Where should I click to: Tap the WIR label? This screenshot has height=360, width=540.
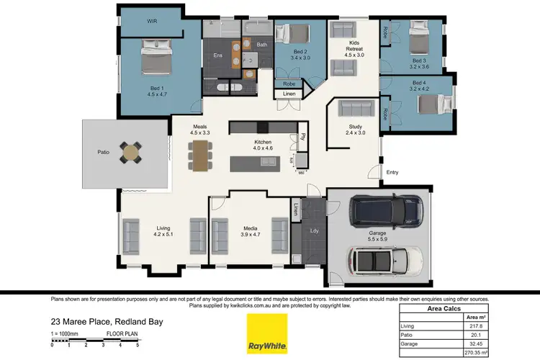(x=152, y=22)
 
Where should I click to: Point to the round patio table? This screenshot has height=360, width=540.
(x=131, y=152)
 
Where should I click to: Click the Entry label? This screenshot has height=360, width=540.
(x=392, y=172)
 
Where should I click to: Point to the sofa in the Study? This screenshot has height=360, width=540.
(x=356, y=109)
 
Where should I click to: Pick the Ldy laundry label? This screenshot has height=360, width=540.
(x=314, y=231)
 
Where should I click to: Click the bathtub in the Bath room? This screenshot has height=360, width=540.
(x=256, y=30)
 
